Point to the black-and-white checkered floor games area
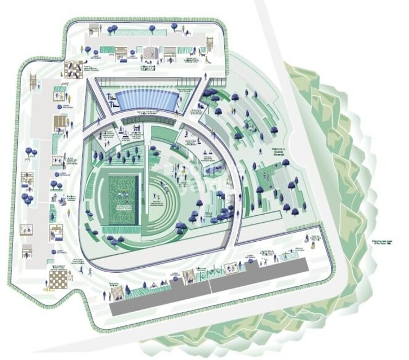click(72, 69)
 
